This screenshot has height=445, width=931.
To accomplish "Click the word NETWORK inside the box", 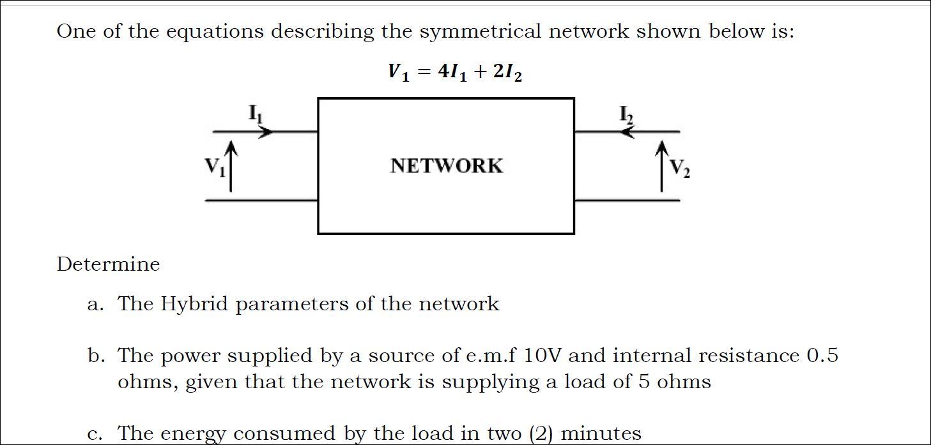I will pos(446,166).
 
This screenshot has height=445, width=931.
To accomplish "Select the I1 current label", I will pos(256,114).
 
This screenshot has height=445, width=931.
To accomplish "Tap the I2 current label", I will pos(626,114).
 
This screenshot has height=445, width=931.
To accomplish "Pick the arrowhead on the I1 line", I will pos(267,132).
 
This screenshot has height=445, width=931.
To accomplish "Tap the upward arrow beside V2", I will pos(662,167).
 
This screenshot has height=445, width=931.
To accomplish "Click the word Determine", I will pos(108,264).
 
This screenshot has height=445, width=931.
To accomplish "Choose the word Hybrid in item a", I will pos(194,304).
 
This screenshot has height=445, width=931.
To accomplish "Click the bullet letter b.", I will pos(95,356).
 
